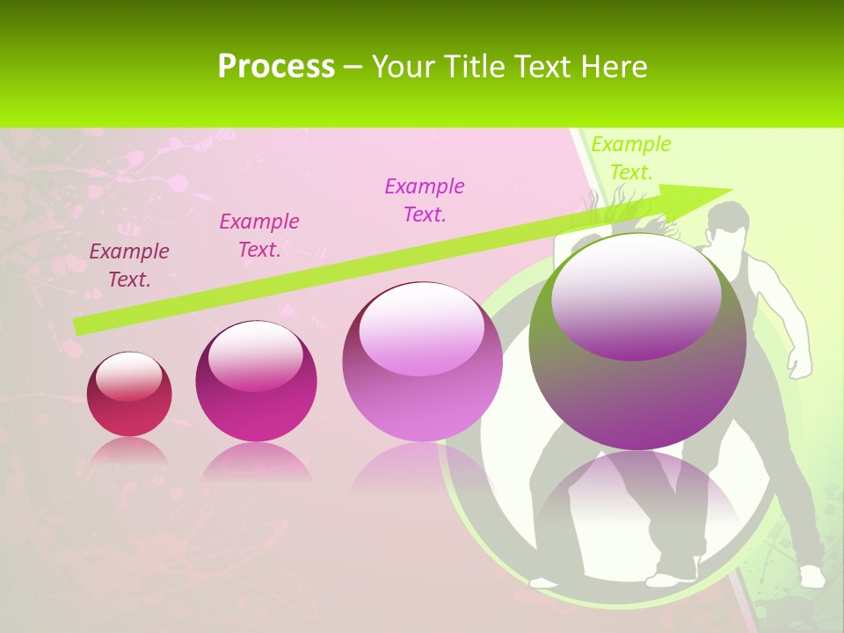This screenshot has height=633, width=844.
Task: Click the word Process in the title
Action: click(276, 67)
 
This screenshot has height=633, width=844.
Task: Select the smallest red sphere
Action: click(129, 394)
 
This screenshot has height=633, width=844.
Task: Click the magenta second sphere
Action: click(256, 382)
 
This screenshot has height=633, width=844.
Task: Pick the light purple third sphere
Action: click(422, 362)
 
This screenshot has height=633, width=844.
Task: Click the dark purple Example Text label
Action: click(129, 266)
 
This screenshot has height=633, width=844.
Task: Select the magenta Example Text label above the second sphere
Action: click(259, 236)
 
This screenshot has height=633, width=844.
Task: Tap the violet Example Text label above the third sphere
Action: click(425, 200)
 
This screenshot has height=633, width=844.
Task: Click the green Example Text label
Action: click(630, 158)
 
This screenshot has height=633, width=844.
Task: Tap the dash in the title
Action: click(353, 67)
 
